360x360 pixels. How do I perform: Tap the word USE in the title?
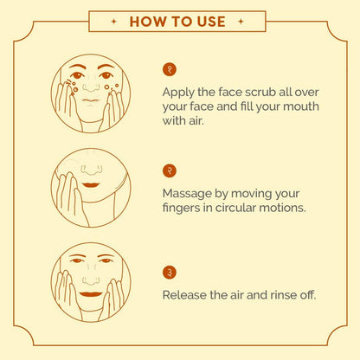[x=211, y=22]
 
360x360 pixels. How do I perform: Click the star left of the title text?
[x=114, y=22]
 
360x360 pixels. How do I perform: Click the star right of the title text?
[x=241, y=22]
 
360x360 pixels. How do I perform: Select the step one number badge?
[x=170, y=69]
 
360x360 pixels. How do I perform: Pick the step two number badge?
[x=170, y=170]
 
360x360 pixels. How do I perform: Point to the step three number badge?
[x=170, y=273]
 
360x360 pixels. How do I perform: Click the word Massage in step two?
[x=187, y=194]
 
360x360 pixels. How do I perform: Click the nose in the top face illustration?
[x=91, y=87]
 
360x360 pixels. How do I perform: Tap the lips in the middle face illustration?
[x=91, y=185]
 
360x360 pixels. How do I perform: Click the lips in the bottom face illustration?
[x=91, y=294]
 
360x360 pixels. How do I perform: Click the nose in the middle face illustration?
[x=92, y=170]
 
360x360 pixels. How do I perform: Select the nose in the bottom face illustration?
[x=91, y=280]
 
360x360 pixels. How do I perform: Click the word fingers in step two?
[x=181, y=209]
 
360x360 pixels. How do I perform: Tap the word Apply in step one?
[x=178, y=93]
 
